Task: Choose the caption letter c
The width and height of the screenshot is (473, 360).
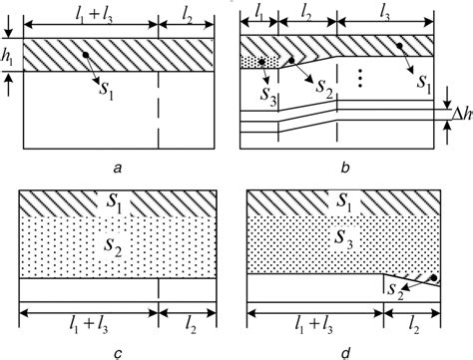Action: (117, 350)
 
